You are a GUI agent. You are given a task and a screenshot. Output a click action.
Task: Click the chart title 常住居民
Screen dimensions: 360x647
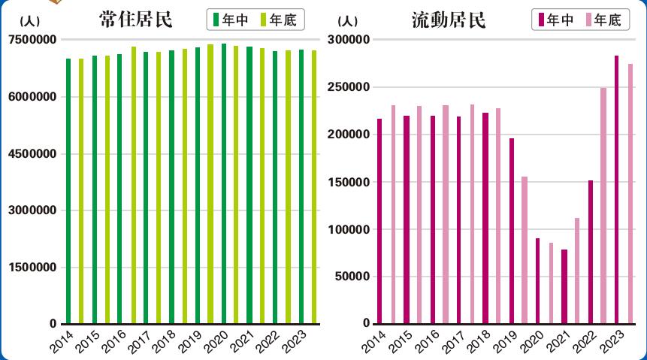pos(135,20)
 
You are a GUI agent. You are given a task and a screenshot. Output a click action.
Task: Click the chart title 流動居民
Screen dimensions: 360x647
pos(449,20)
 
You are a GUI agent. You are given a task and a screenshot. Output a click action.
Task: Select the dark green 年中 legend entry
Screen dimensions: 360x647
pos(230,20)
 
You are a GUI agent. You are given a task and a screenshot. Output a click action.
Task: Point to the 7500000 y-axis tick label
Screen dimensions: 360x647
pos(33,40)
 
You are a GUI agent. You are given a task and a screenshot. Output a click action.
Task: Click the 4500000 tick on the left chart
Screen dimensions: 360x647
pos(33,153)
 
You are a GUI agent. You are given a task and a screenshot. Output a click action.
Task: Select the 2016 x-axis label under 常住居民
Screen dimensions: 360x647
pos(113,340)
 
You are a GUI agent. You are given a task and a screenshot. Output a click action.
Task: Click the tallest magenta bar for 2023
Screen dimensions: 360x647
pos(617,189)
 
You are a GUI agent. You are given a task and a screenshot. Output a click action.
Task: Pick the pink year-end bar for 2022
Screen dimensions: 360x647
pos(603,206)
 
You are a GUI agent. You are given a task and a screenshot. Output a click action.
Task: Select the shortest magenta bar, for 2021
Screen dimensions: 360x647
pos(564,286)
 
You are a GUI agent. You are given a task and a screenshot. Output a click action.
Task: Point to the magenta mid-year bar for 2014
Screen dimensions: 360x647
pos(379,221)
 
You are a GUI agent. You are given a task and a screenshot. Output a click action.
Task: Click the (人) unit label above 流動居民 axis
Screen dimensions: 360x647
pos(348,21)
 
